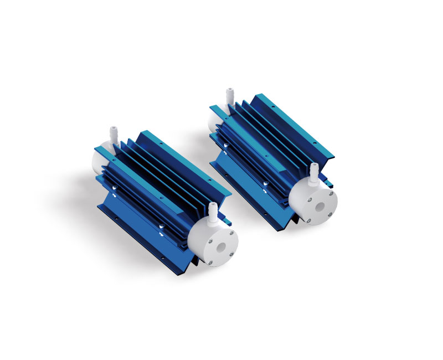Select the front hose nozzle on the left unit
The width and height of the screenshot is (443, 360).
pyautogui.click(x=212, y=211)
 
